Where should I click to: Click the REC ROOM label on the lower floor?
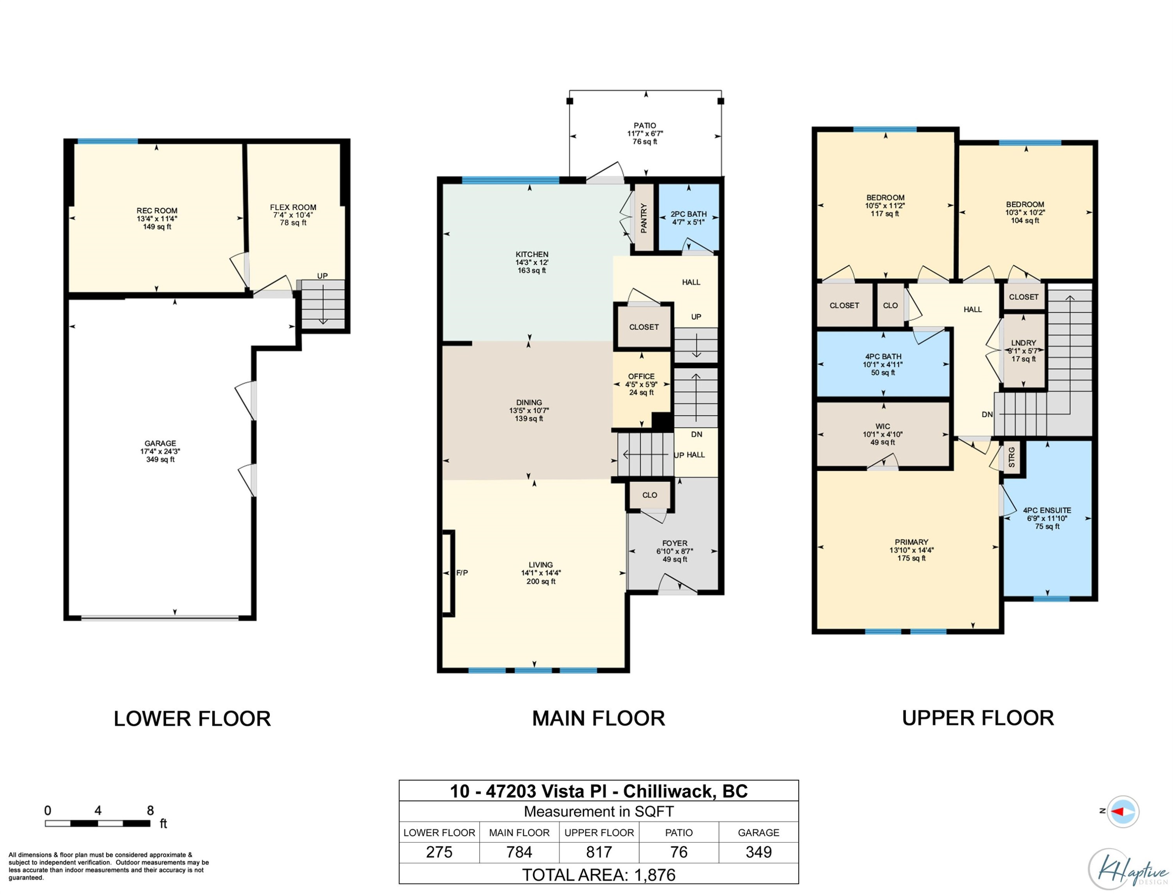pos(157,211)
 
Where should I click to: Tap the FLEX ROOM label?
pos(293,208)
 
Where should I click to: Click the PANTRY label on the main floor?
pos(644,218)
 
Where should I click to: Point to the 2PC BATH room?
pos(689,218)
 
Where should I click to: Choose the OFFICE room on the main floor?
pos(641,384)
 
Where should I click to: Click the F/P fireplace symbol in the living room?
pos(448,573)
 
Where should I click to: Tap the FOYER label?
pos(675,543)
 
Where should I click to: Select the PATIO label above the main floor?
pos(645,125)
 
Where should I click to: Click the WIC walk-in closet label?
pos(882,426)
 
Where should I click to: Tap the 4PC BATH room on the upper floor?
pos(883,364)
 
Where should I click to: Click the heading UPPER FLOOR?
pos(977,718)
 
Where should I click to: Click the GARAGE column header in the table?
pos(759,833)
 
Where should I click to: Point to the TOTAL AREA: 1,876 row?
pos(599,875)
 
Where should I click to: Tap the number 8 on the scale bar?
pos(150,810)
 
